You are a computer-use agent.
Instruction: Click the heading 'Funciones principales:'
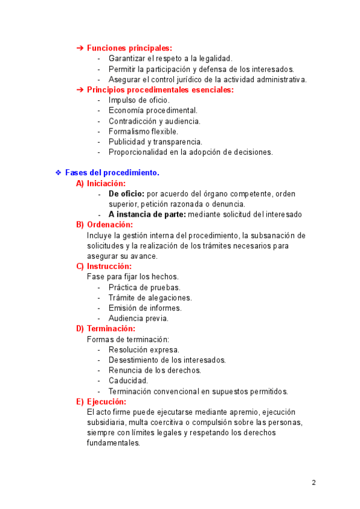pos(129,48)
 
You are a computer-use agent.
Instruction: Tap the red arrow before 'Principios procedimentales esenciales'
pos(80,90)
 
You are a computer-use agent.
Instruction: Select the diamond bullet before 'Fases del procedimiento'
pos(58,173)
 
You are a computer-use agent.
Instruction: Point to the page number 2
pos(314,483)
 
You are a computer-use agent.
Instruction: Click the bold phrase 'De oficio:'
pos(126,194)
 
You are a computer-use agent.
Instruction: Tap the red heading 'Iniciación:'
pos(106,184)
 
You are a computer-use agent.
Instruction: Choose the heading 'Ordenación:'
pos(110,224)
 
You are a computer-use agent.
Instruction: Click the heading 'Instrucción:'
pos(109,267)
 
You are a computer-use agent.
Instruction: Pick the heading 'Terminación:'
pos(111,329)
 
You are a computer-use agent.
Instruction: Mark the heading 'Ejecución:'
pos(106,402)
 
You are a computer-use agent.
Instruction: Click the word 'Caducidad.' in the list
pos(128,381)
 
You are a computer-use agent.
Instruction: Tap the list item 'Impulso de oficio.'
pos(139,100)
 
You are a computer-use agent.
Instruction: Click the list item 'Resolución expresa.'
pos(144,349)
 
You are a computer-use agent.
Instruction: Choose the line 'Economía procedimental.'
pos(153,110)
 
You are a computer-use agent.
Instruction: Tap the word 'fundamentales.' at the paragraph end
pos(113,444)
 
